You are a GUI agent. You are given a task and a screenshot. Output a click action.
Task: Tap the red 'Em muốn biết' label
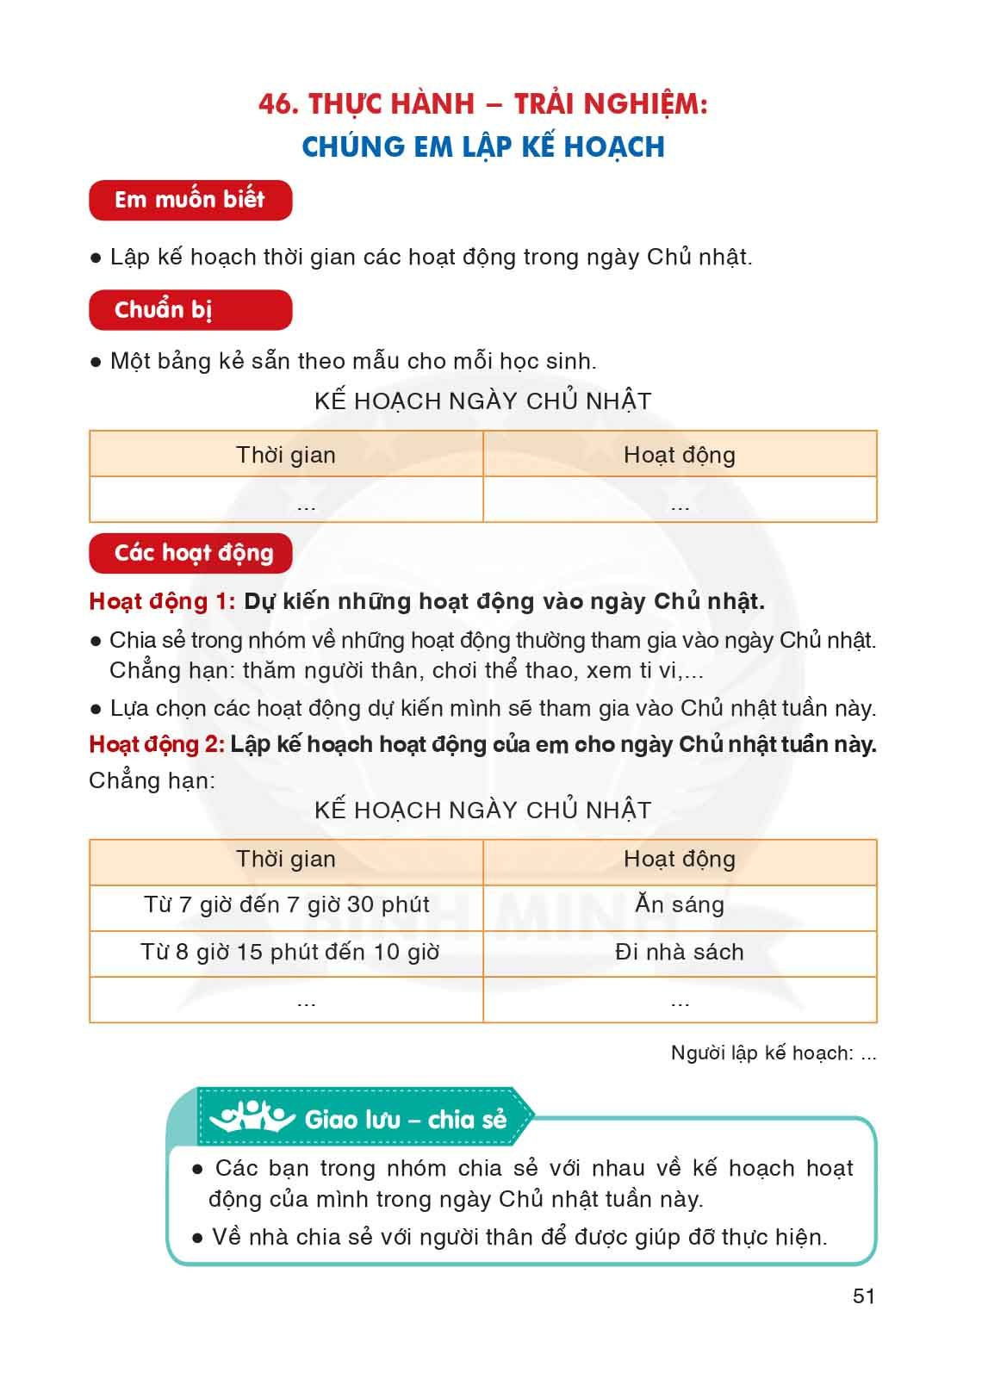point(190,200)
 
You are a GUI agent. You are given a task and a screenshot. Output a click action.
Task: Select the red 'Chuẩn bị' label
point(164,310)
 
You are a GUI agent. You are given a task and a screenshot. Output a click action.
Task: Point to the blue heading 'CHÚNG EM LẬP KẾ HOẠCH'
point(483,146)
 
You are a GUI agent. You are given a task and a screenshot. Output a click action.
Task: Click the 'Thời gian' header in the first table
point(286,455)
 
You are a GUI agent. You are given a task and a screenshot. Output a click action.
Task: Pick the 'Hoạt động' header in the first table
point(679,455)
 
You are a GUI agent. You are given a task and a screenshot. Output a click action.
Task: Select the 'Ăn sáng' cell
point(679,904)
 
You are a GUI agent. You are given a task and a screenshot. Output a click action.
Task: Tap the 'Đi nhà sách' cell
point(679,952)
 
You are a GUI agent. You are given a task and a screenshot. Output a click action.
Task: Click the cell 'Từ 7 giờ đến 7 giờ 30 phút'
point(286,905)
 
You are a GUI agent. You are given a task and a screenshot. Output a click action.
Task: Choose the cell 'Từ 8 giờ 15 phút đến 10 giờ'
point(289,952)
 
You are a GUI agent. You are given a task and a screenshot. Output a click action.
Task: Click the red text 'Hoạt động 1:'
point(162,601)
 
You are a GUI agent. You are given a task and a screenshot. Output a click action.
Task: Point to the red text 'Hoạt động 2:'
point(157,744)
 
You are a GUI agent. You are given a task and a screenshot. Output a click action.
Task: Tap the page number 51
point(863,1296)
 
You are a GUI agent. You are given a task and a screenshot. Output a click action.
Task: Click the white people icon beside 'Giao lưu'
point(252,1118)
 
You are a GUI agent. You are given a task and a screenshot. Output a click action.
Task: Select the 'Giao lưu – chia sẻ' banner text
point(405,1120)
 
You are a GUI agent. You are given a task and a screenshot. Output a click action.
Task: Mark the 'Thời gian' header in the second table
point(286,859)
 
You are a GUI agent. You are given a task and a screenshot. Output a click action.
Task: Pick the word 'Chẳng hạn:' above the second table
point(152,780)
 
